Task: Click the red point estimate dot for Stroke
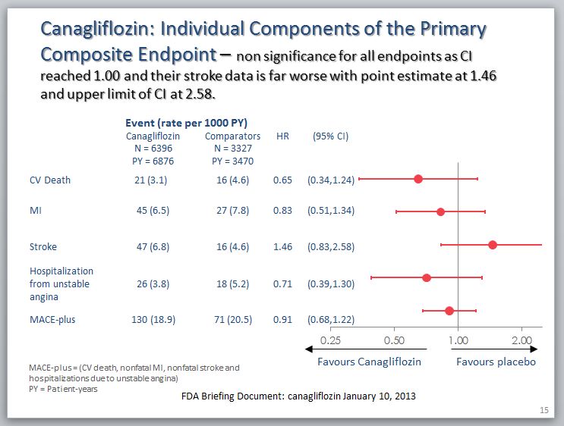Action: click(x=493, y=245)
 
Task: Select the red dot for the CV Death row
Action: click(x=418, y=179)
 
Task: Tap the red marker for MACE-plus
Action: click(x=449, y=311)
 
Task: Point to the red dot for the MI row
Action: click(x=441, y=211)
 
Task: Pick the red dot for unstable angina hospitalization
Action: click(x=427, y=277)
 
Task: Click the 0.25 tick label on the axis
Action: click(x=330, y=340)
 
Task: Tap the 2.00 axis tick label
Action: click(x=521, y=340)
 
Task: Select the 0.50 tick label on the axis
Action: click(x=394, y=340)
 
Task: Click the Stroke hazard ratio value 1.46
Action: click(x=282, y=246)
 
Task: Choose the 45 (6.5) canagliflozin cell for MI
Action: click(x=149, y=211)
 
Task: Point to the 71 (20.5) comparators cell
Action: click(x=232, y=319)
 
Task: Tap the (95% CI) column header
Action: click(x=331, y=136)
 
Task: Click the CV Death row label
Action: click(x=49, y=180)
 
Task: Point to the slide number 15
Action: click(x=544, y=410)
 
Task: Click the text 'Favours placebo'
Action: click(x=496, y=362)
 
